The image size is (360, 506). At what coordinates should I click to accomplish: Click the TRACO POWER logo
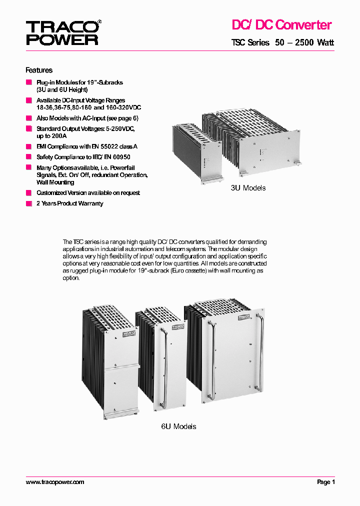click(62, 32)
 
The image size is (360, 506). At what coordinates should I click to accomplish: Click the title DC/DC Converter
click(281, 24)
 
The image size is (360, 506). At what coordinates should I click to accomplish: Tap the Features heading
click(39, 70)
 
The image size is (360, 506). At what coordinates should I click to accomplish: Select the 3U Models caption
click(247, 188)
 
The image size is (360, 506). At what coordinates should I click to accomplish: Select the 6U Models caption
click(178, 426)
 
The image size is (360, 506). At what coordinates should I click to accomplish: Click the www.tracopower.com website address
click(55, 482)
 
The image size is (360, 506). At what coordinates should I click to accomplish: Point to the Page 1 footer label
click(325, 482)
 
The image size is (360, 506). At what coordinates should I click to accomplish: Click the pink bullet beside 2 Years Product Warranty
click(28, 203)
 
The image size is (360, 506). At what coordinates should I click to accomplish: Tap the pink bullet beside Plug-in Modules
click(28, 82)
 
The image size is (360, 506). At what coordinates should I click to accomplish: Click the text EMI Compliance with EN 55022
click(86, 146)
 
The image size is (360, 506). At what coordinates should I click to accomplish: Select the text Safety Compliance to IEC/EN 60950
click(89, 157)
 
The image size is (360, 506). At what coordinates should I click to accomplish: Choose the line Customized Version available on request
click(88, 193)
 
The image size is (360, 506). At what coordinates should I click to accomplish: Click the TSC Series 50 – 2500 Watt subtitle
click(282, 43)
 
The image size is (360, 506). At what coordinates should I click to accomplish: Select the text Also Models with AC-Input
click(87, 118)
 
